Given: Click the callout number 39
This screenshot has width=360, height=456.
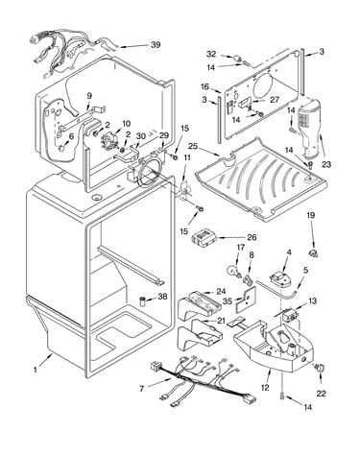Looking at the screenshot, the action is tap(156, 45).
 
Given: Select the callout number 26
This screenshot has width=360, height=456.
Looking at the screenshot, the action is tap(252, 237).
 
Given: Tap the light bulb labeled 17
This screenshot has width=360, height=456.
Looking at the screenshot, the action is tap(233, 271).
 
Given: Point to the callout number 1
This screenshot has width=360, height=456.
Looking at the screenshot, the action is tap(36, 370).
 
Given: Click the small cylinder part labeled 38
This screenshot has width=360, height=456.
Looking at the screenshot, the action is tap(143, 301).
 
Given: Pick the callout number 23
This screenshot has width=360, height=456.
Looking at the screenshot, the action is tap(326, 165).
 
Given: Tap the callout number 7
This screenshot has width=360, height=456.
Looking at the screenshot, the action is tap(142, 389).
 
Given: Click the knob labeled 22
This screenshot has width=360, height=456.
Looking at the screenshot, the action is tap(321, 368).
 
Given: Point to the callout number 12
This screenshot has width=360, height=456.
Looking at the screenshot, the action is tap(265, 388).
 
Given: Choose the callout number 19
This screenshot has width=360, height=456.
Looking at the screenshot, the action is tap(311, 215).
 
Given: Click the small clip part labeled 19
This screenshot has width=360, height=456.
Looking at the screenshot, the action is tap(313, 253).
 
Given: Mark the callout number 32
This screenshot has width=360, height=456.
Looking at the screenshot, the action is tap(211, 54).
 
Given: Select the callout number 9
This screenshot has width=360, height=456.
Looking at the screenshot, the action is tap(89, 96).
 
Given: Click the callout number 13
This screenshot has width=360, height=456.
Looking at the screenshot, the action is tap(312, 301).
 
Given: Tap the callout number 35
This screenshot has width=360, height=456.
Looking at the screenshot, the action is tap(228, 300).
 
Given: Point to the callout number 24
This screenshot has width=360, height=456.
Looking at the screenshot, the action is tap(221, 292).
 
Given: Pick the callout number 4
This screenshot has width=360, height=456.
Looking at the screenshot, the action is tap(289, 252).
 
